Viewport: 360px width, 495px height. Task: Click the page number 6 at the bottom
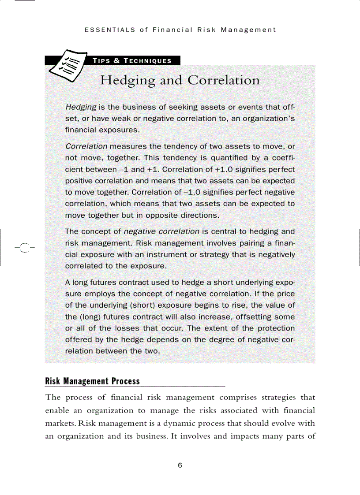click(x=180, y=465)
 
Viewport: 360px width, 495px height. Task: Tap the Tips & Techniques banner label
click(x=132, y=61)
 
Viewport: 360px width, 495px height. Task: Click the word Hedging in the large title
click(x=128, y=81)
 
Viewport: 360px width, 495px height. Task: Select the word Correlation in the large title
click(x=224, y=81)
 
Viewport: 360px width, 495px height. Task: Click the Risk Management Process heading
click(x=93, y=381)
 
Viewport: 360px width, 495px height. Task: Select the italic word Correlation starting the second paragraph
click(x=86, y=146)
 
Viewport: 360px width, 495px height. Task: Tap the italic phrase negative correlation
click(x=161, y=231)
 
